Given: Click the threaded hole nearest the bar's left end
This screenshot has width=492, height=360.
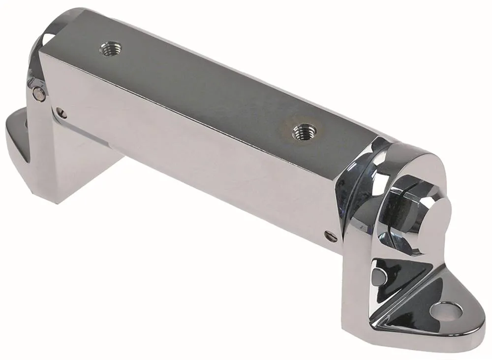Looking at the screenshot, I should (x=111, y=48).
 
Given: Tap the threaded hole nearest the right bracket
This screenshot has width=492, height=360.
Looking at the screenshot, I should (x=304, y=131).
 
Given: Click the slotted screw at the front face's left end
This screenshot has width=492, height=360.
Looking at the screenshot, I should (x=61, y=113).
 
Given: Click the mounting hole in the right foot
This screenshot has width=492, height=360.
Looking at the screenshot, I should (x=445, y=311).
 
